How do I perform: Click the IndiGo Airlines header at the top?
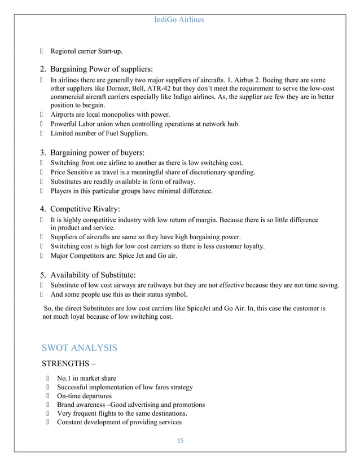(x=179, y=20)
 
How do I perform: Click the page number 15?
(x=179, y=440)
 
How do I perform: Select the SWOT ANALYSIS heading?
(x=80, y=348)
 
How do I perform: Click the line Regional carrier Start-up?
(x=86, y=51)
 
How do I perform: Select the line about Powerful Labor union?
(x=145, y=124)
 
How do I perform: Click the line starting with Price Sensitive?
(x=152, y=172)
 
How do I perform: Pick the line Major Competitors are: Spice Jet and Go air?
(x=113, y=256)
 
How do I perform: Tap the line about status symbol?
(x=118, y=294)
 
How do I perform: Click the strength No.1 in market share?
(x=86, y=378)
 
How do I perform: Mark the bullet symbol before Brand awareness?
(x=49, y=405)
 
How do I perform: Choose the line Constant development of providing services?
(x=119, y=423)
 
